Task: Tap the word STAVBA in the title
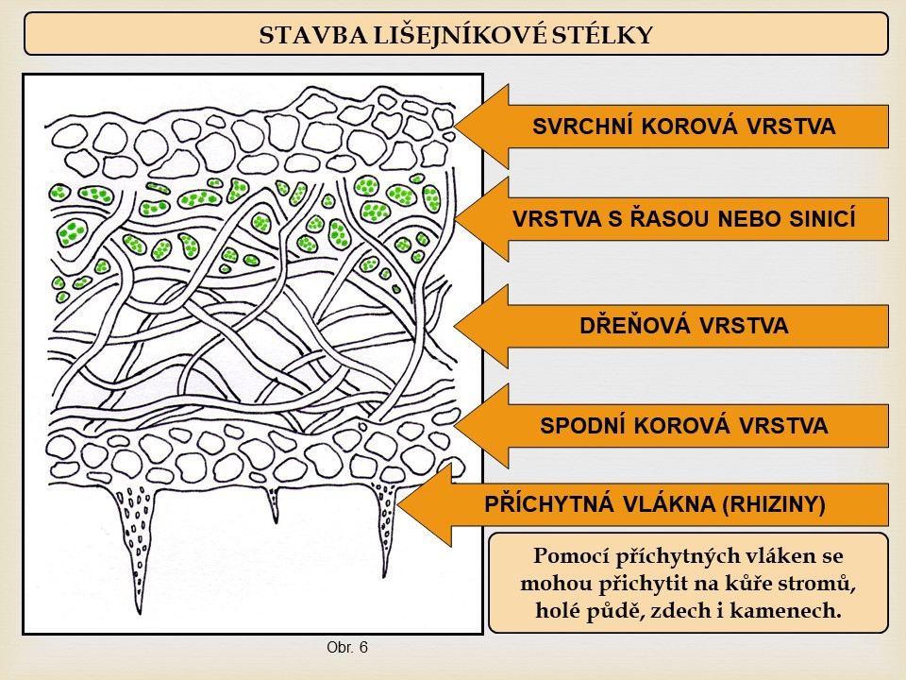[312, 35]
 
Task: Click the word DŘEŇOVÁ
[635, 325]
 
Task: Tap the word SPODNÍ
[583, 426]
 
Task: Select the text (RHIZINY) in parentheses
[773, 504]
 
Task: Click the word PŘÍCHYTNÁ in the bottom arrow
[549, 503]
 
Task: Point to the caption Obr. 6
[346, 647]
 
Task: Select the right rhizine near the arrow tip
[386, 526]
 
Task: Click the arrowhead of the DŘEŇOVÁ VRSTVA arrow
[480, 326]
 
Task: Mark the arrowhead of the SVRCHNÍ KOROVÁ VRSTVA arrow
[480, 126]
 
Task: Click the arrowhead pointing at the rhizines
[424, 504]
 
